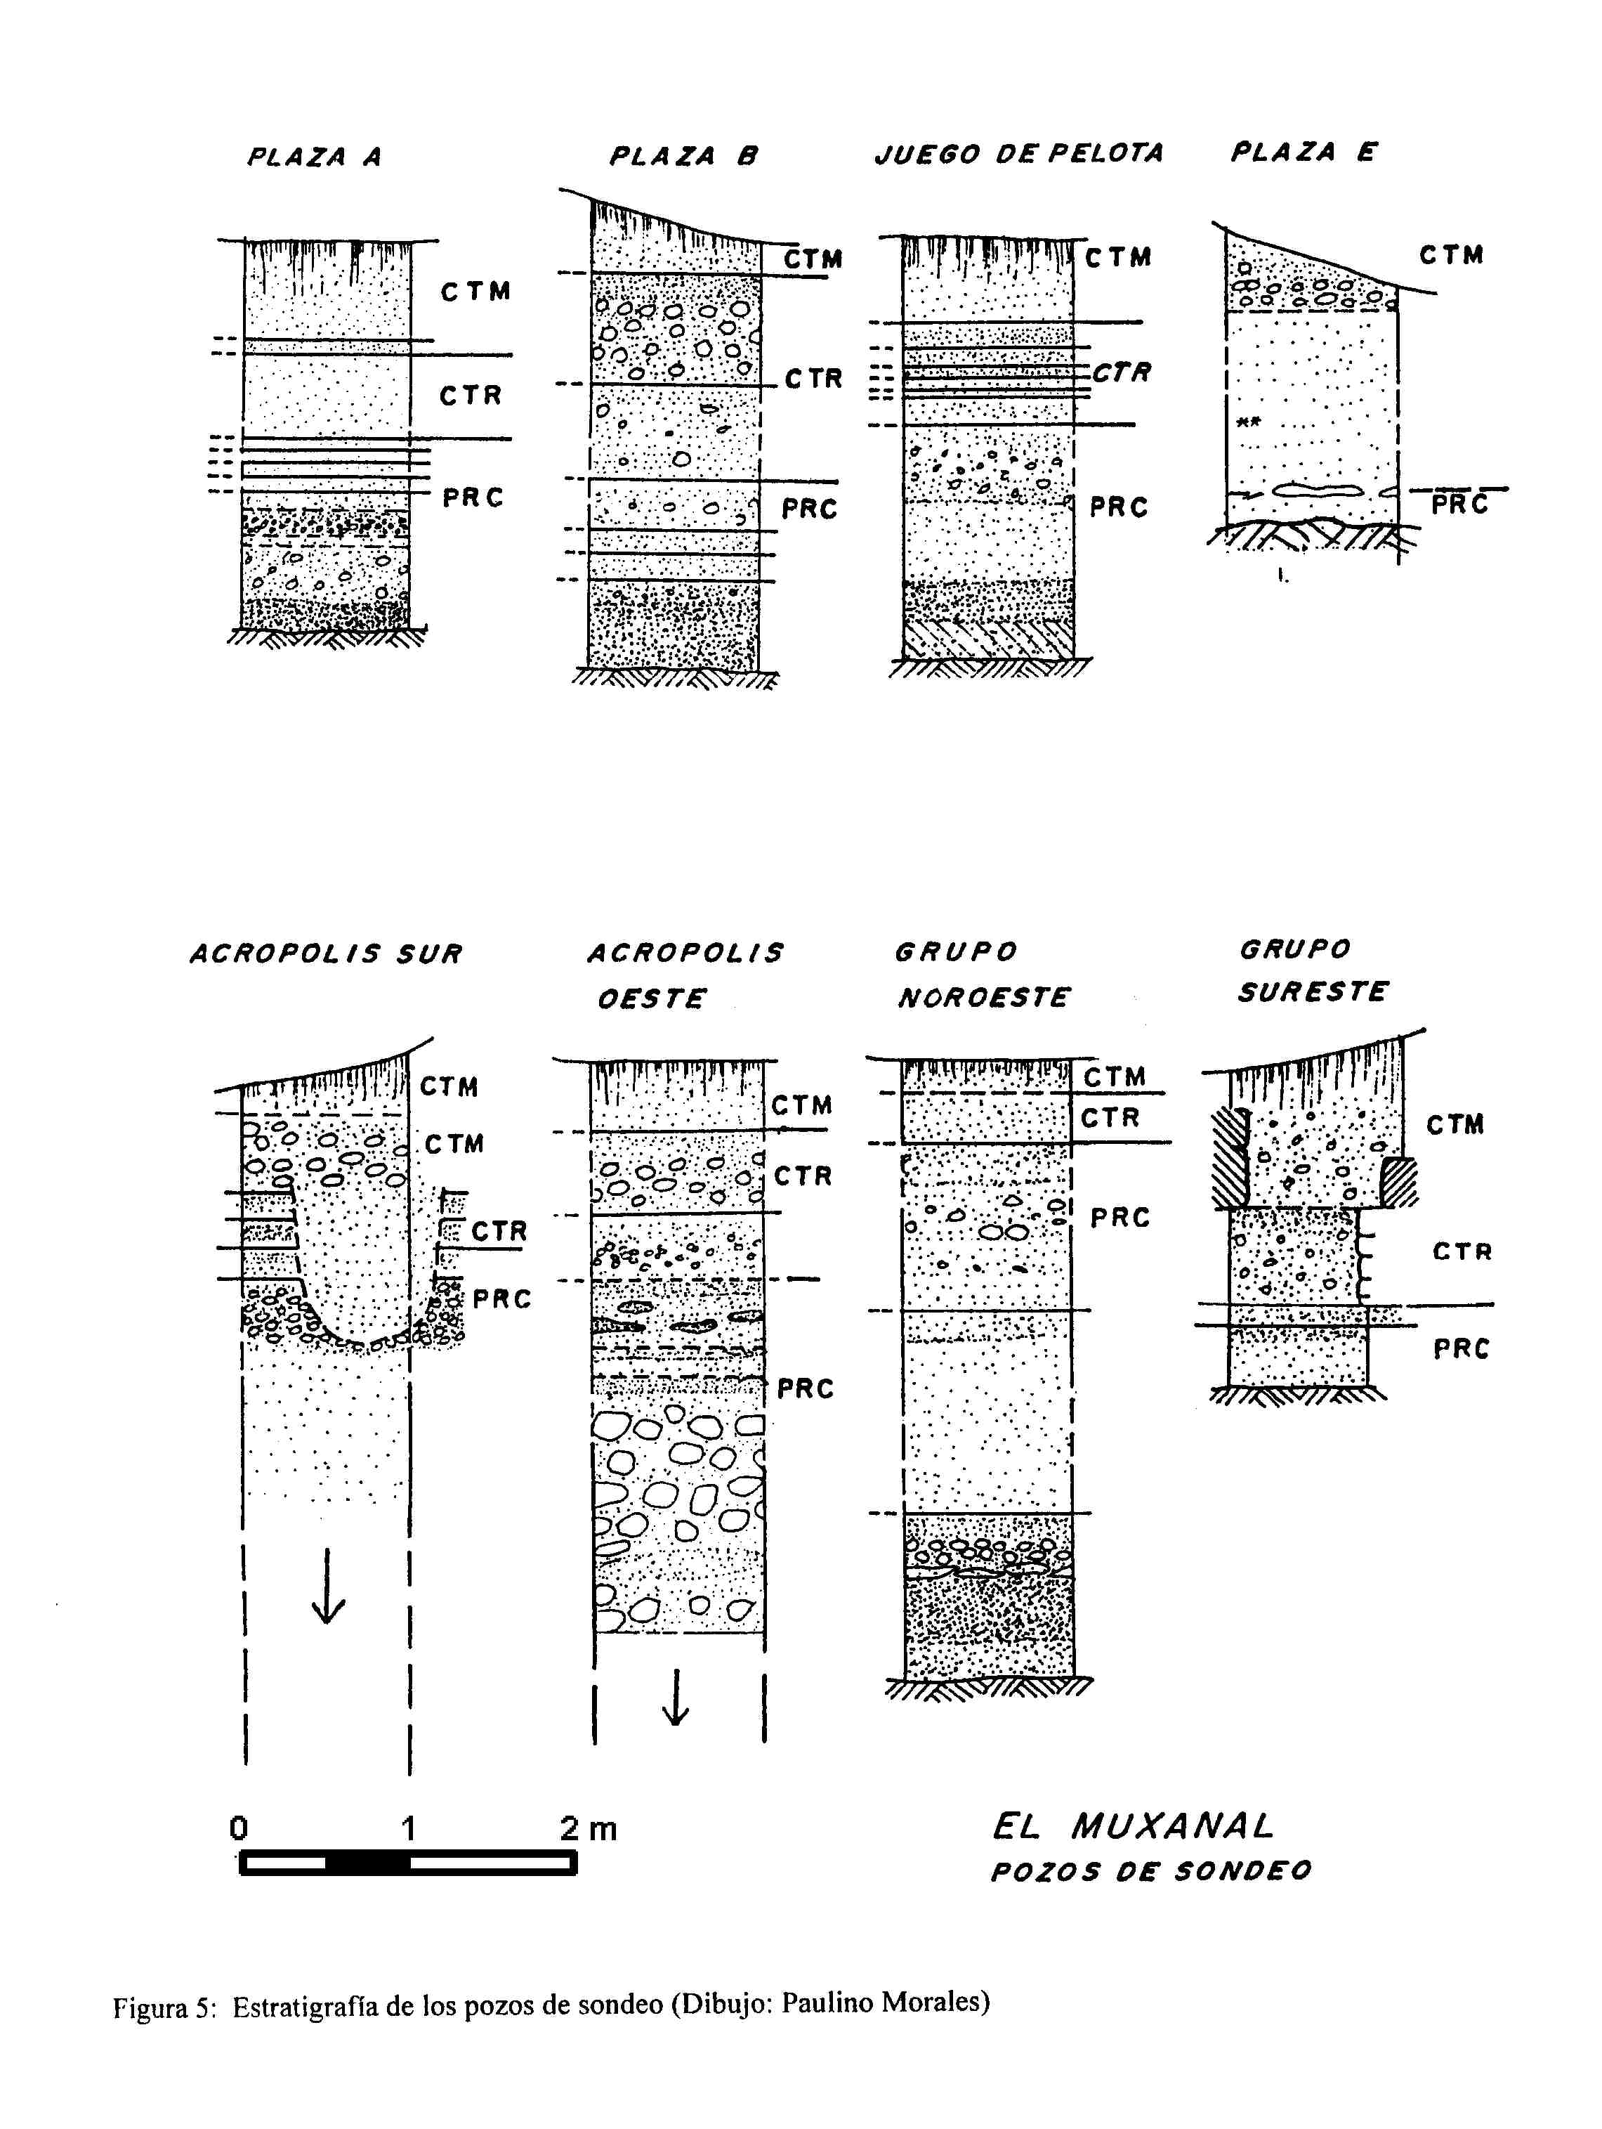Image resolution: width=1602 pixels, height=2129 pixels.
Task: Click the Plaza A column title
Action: (x=315, y=157)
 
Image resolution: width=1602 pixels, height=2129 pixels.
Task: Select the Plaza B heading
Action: (x=684, y=156)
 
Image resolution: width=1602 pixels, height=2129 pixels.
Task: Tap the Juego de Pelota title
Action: (x=1019, y=153)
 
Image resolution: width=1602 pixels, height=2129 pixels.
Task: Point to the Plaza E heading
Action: (x=1304, y=152)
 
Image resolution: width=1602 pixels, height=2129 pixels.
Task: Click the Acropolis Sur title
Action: (x=326, y=953)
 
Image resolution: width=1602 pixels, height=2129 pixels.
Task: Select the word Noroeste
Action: (x=983, y=997)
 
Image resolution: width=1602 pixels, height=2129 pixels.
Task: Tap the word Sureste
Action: (x=1313, y=991)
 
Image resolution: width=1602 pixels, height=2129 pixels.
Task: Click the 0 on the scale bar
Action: (x=239, y=1828)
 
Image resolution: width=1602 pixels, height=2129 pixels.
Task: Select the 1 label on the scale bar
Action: (x=409, y=1828)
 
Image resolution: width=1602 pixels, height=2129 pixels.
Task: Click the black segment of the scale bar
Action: (x=367, y=1864)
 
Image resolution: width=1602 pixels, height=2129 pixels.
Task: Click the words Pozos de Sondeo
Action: (x=1150, y=1872)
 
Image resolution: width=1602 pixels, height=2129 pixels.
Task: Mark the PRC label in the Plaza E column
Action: (x=1459, y=504)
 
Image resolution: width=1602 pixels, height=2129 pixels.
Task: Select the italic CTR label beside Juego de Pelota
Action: (x=1122, y=372)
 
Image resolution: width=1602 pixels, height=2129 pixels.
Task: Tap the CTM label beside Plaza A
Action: (x=475, y=292)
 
